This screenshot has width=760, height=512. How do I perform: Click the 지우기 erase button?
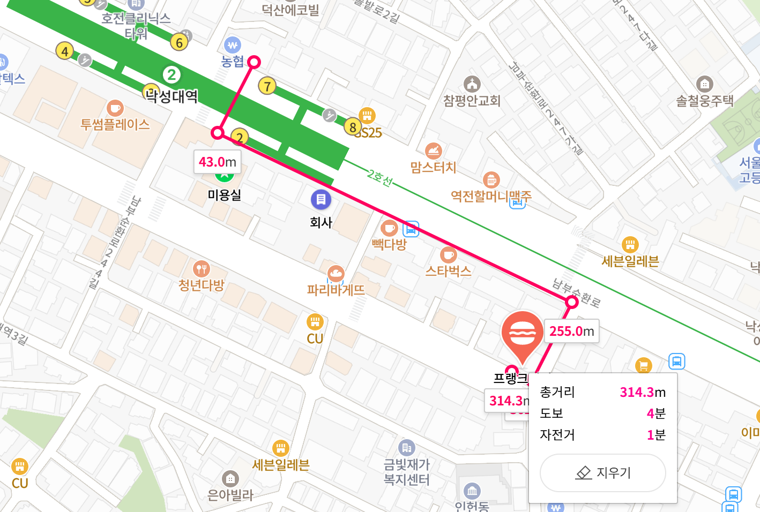click(603, 472)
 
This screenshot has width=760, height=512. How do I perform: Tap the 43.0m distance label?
click(217, 162)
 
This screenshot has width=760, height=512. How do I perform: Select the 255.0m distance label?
click(571, 331)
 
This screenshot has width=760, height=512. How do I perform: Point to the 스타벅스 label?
click(448, 271)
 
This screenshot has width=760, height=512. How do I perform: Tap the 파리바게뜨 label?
click(336, 290)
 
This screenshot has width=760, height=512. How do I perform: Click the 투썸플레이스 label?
click(115, 125)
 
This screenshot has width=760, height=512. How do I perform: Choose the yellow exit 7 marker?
click(267, 86)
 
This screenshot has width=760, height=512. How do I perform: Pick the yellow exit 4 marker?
click(65, 51)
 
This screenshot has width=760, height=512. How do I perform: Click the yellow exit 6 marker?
click(179, 42)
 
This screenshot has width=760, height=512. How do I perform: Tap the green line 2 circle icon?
click(172, 74)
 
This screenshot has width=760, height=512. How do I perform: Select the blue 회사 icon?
click(321, 200)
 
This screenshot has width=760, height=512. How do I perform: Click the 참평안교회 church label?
click(472, 101)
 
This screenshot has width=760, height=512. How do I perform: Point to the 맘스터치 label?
click(433, 168)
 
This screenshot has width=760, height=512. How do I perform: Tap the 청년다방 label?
click(201, 285)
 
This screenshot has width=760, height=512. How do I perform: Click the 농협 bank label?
click(233, 61)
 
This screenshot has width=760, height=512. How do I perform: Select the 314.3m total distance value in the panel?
click(643, 393)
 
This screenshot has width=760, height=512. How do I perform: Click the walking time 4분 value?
click(656, 413)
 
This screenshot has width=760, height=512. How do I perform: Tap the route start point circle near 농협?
click(254, 62)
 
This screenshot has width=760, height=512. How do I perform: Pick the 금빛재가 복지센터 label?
click(407, 472)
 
